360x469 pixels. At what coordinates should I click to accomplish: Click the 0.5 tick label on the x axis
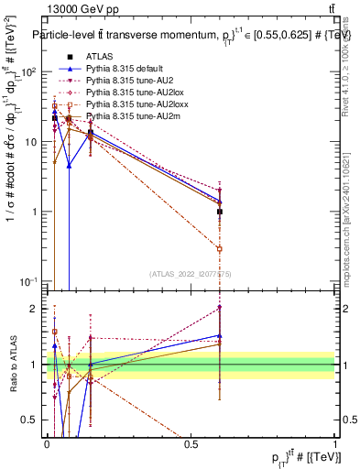point(191,445)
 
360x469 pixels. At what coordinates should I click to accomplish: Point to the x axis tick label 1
point(335,445)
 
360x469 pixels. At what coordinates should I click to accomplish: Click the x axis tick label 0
point(48,445)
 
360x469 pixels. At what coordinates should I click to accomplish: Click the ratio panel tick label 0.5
point(33,420)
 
